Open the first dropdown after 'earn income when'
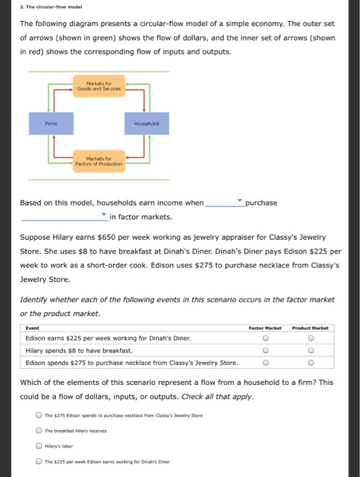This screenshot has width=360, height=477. [224, 202]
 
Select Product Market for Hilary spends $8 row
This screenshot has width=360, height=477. [310, 350]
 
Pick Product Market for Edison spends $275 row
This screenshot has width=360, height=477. [310, 363]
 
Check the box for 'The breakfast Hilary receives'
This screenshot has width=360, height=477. [40, 430]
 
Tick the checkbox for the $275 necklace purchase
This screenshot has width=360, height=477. [40, 415]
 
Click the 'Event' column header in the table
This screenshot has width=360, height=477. [32, 328]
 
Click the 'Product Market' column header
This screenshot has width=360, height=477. [311, 328]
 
